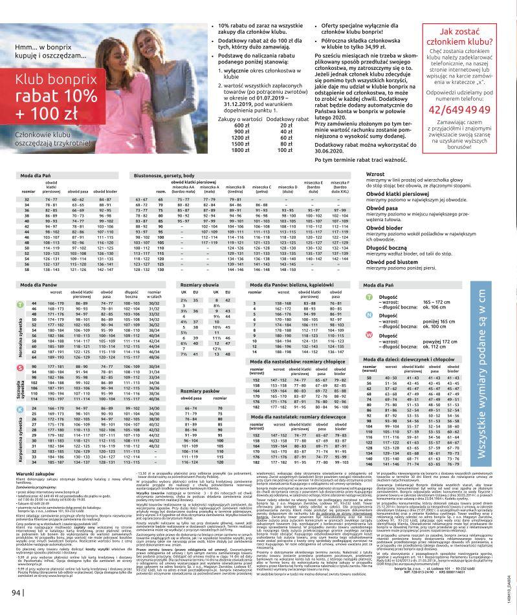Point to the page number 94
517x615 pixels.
[16, 590]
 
